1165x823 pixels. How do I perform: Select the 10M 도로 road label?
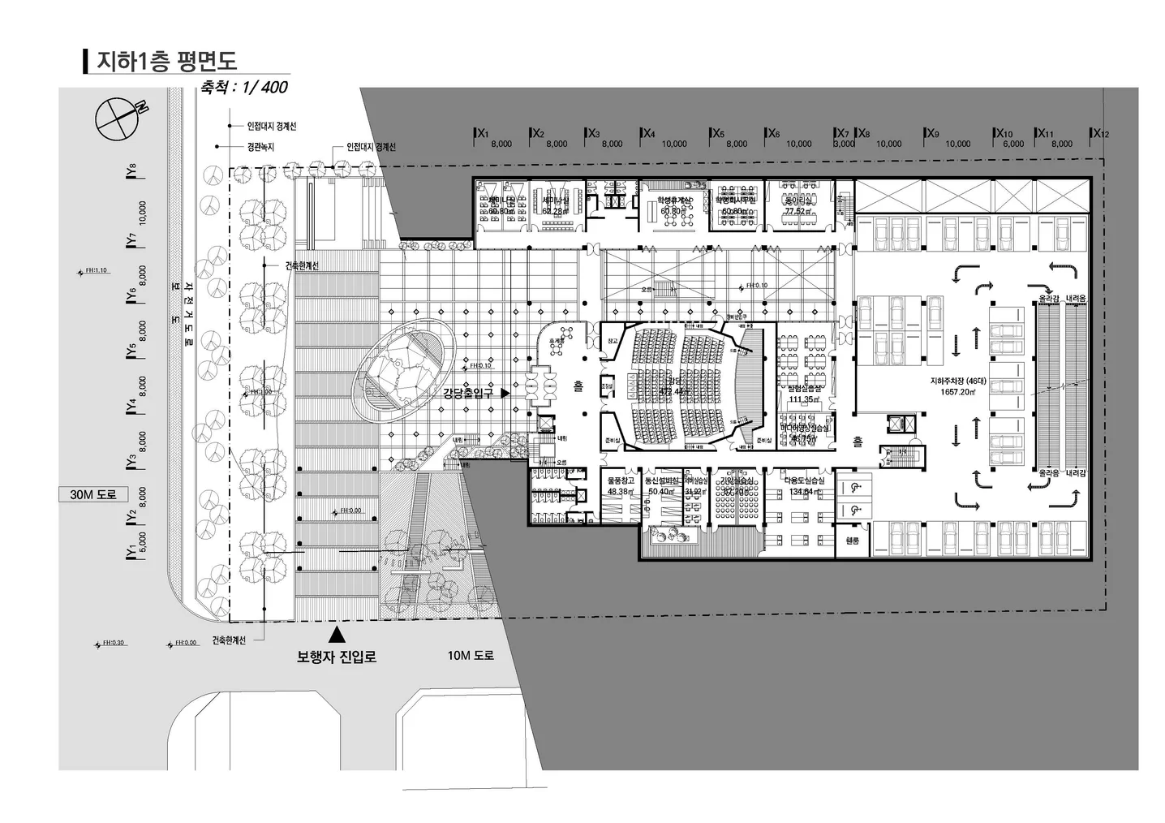pos(471,655)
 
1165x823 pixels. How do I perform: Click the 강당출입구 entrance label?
pos(469,393)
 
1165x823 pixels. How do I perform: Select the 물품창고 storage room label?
pos(620,480)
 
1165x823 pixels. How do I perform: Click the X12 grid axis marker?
pos(1100,133)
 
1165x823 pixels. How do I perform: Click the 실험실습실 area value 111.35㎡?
pos(805,399)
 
